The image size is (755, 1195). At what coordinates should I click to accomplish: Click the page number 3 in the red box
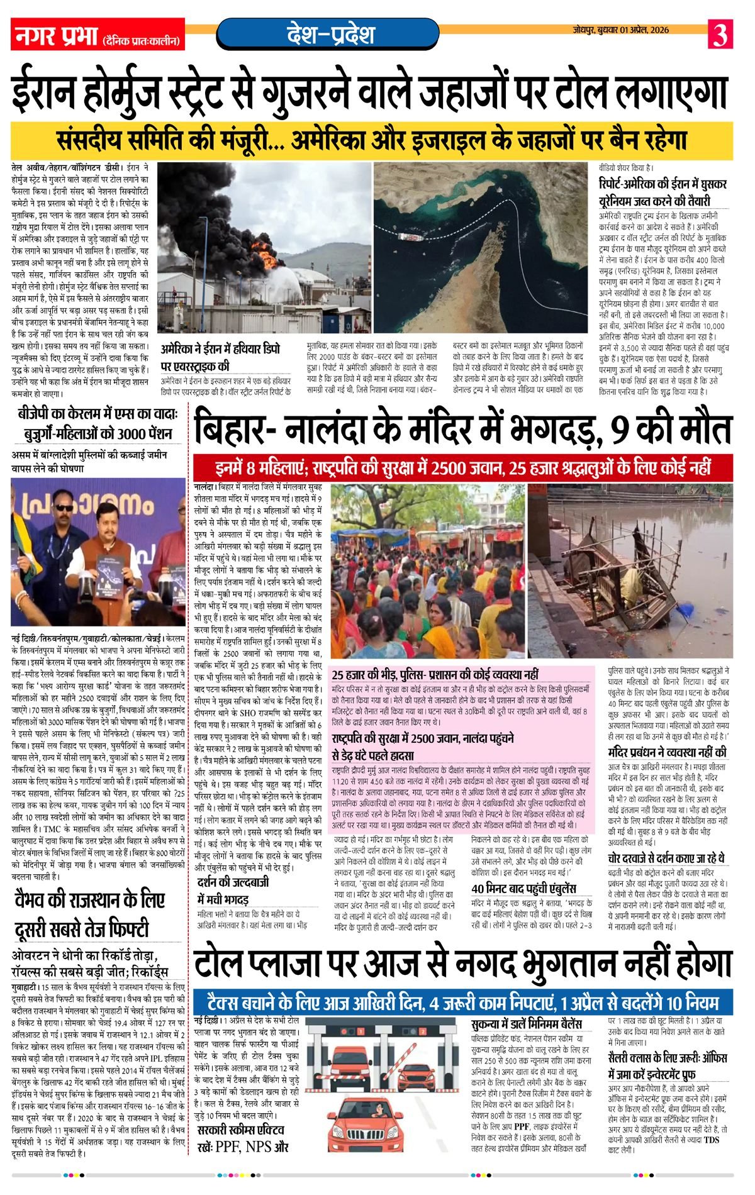[720, 34]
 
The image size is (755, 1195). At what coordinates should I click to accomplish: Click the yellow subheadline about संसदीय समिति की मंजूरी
[371, 140]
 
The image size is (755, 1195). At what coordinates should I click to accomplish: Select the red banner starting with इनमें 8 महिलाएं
[462, 468]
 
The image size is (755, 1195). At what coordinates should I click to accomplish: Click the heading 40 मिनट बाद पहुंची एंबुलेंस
[523, 888]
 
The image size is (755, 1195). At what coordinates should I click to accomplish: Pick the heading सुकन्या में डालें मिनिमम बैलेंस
[526, 1025]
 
